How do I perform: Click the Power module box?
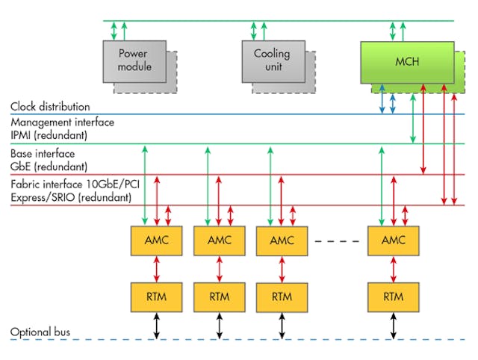point(134,60)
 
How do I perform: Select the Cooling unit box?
point(272,60)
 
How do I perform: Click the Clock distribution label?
point(50,107)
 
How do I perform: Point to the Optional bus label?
point(41,332)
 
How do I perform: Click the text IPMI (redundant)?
point(49,136)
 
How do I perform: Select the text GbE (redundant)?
point(49,166)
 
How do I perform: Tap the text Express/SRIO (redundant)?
point(72,197)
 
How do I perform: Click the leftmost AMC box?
point(156,240)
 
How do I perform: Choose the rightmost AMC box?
point(393,240)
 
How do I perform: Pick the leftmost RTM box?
point(156,297)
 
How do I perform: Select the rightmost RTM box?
point(393,297)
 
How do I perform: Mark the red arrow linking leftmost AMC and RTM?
point(156,268)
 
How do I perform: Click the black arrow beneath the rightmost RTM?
point(393,325)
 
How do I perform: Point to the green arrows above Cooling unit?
point(258,31)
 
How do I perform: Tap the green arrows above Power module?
point(119,31)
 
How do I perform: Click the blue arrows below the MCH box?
point(387,99)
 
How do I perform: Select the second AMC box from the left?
point(219,240)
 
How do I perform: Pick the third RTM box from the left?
point(282,297)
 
